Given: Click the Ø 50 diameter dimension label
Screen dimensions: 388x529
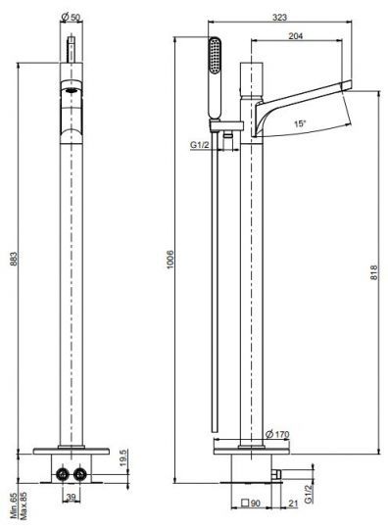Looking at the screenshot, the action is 72,17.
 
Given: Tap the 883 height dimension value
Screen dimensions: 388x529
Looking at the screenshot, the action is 13,259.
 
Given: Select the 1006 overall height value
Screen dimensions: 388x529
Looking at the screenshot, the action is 170,259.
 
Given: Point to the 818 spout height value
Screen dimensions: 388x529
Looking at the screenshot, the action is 374,272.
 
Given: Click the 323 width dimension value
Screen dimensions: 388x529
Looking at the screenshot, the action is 279,18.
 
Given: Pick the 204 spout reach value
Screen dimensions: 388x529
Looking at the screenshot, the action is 296,36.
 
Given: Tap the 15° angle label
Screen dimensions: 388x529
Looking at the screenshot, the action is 300,123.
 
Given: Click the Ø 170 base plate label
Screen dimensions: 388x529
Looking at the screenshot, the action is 277,434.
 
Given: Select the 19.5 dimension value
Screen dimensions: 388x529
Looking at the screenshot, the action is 122,457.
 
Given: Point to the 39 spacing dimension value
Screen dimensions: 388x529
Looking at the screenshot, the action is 71,497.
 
